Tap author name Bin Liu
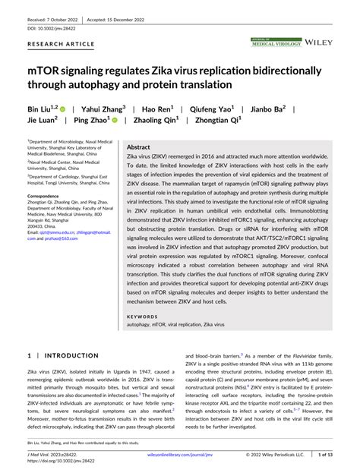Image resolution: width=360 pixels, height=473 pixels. point(44,109)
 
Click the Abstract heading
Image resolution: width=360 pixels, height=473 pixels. point(138,147)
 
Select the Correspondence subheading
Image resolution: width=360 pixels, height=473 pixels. point(47,195)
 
